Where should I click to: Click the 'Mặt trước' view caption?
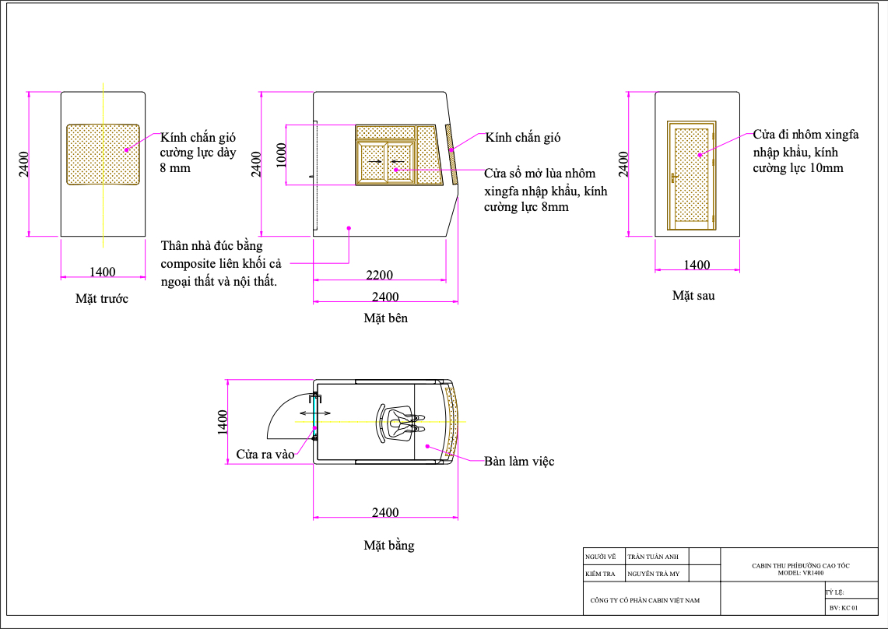point(102,299)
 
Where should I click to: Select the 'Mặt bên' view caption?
point(386,318)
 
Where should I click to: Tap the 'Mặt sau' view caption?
point(693,295)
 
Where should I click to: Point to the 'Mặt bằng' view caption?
point(389,545)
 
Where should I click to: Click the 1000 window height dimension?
point(282,155)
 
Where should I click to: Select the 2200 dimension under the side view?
point(380,275)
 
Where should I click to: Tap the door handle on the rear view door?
point(674,177)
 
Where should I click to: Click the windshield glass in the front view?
point(103,154)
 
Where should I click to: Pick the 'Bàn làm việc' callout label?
point(519,462)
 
